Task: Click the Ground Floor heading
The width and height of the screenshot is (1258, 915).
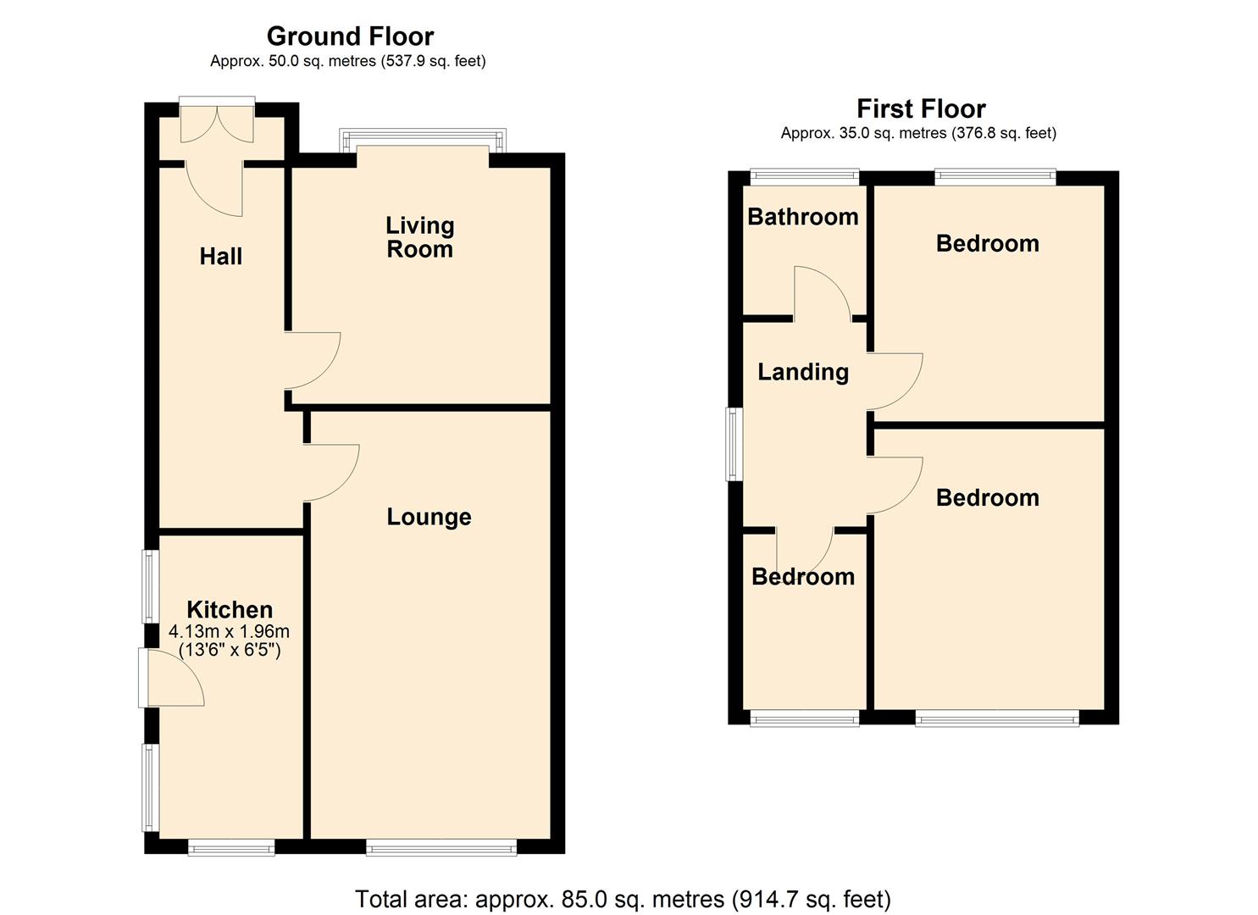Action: [350, 36]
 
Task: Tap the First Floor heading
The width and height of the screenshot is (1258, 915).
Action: [921, 109]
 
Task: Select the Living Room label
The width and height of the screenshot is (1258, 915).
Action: [419, 237]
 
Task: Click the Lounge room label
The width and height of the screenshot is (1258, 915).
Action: [429, 517]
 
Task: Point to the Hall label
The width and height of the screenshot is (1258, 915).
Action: [221, 256]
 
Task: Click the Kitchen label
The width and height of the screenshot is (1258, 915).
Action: [230, 609]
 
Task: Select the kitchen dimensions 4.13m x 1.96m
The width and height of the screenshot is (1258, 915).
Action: [230, 631]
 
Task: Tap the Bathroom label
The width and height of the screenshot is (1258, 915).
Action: [802, 217]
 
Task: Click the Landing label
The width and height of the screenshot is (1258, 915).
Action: [802, 372]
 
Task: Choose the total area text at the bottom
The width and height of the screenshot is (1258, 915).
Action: [623, 899]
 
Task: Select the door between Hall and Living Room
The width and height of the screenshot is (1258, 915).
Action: [311, 360]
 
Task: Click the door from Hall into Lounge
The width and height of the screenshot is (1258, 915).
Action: [330, 472]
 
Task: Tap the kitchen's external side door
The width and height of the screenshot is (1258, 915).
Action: [172, 678]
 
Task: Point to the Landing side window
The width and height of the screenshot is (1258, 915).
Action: [734, 445]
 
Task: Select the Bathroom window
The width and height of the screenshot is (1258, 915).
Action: [804, 176]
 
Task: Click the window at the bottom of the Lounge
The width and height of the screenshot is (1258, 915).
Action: [441, 846]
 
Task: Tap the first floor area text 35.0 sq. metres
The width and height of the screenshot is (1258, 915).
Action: [918, 133]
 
